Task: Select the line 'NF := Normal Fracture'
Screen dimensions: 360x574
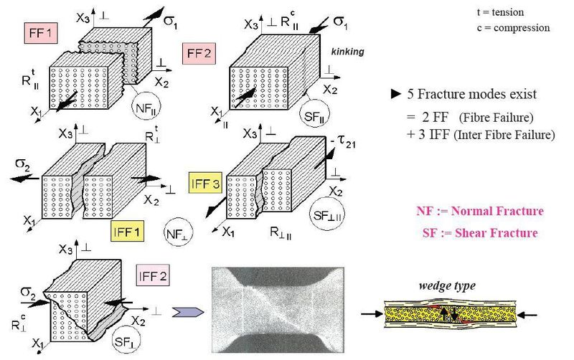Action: coord(479,211)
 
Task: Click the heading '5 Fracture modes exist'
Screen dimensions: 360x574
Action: coord(469,94)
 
